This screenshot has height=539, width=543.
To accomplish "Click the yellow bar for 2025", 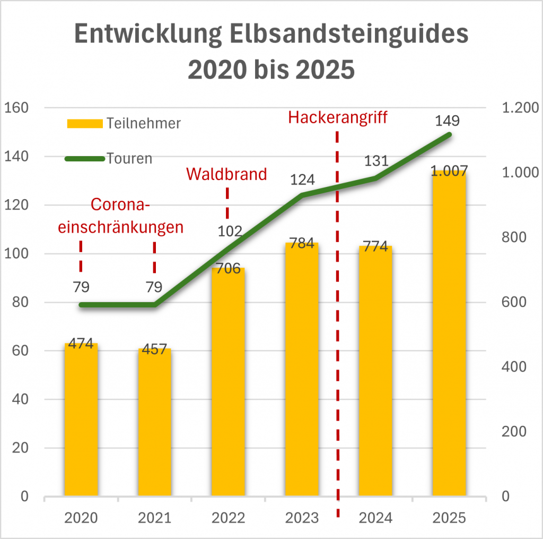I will [449, 335].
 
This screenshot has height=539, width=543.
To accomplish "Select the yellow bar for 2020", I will [81, 420].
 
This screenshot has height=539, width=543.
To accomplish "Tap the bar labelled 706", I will [228, 382].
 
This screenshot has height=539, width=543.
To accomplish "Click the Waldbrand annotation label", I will [227, 174].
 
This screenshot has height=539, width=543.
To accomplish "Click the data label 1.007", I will [449, 172].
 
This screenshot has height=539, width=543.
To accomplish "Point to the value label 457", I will [155, 353].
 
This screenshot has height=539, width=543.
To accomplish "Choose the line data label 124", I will [302, 180].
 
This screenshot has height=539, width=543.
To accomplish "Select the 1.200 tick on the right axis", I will [519, 108].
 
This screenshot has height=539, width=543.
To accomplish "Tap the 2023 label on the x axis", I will [302, 518].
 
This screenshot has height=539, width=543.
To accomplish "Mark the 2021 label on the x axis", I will [155, 518].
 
